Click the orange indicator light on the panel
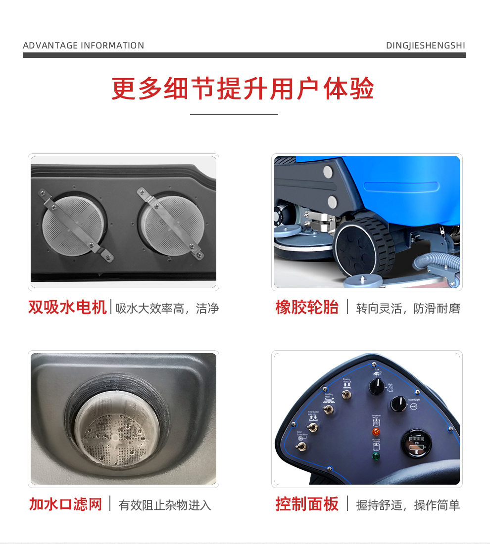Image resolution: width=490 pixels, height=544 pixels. pos(376,432)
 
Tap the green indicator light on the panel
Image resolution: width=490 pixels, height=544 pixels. pos(376,456)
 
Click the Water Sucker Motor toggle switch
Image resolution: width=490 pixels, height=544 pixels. pos(301,447)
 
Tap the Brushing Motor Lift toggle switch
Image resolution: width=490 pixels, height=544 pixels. pos(346,394)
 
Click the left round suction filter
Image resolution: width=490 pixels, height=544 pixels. pos(74,223)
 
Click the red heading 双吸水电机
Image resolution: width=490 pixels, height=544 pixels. pos(67,308)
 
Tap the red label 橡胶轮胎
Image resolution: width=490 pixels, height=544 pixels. pos(307,308)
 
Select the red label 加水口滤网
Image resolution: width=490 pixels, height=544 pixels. pos(65,504)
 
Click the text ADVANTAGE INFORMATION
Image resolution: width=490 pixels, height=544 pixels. pos(83,45)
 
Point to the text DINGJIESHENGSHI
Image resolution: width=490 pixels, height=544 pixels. pos(425,45)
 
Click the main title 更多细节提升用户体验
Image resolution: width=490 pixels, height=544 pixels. pos(243,89)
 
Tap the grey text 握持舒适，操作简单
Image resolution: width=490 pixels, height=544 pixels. pos(408,505)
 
